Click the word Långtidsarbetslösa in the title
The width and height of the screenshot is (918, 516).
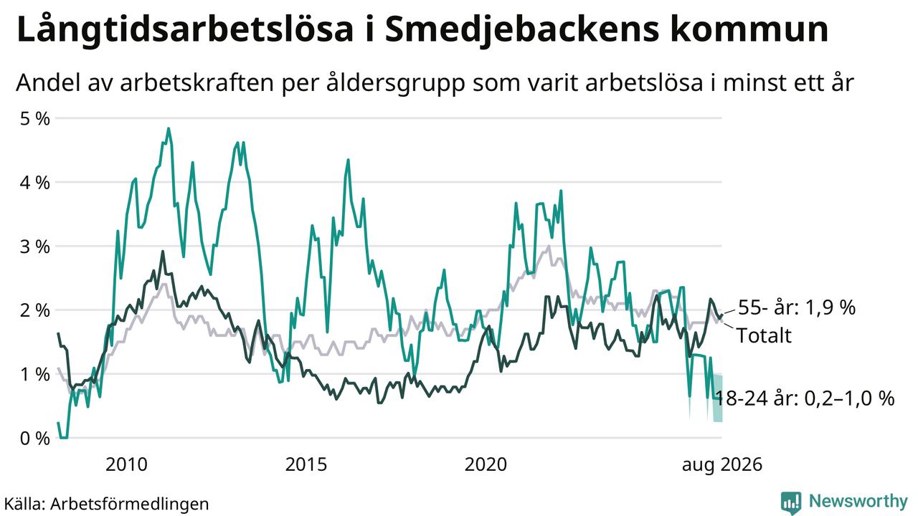185,32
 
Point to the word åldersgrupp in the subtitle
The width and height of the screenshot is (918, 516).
395,84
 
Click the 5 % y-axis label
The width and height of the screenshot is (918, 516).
35,119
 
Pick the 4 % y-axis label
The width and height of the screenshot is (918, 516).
35,183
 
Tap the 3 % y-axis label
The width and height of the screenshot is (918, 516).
35,247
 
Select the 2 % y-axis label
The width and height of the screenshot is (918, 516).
35,310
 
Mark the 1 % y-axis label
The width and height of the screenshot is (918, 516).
35,374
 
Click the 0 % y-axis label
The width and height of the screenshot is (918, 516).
35,438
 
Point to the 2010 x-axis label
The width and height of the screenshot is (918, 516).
126,464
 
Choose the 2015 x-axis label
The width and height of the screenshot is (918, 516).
306,464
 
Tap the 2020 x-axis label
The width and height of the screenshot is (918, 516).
486,464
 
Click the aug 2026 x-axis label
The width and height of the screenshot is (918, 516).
722,465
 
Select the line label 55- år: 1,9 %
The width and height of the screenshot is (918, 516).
797,307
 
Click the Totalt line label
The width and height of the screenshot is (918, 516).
764,335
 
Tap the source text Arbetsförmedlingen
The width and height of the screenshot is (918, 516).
130,504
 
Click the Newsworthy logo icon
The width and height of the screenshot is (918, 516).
791,502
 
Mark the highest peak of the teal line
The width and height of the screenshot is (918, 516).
169,128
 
